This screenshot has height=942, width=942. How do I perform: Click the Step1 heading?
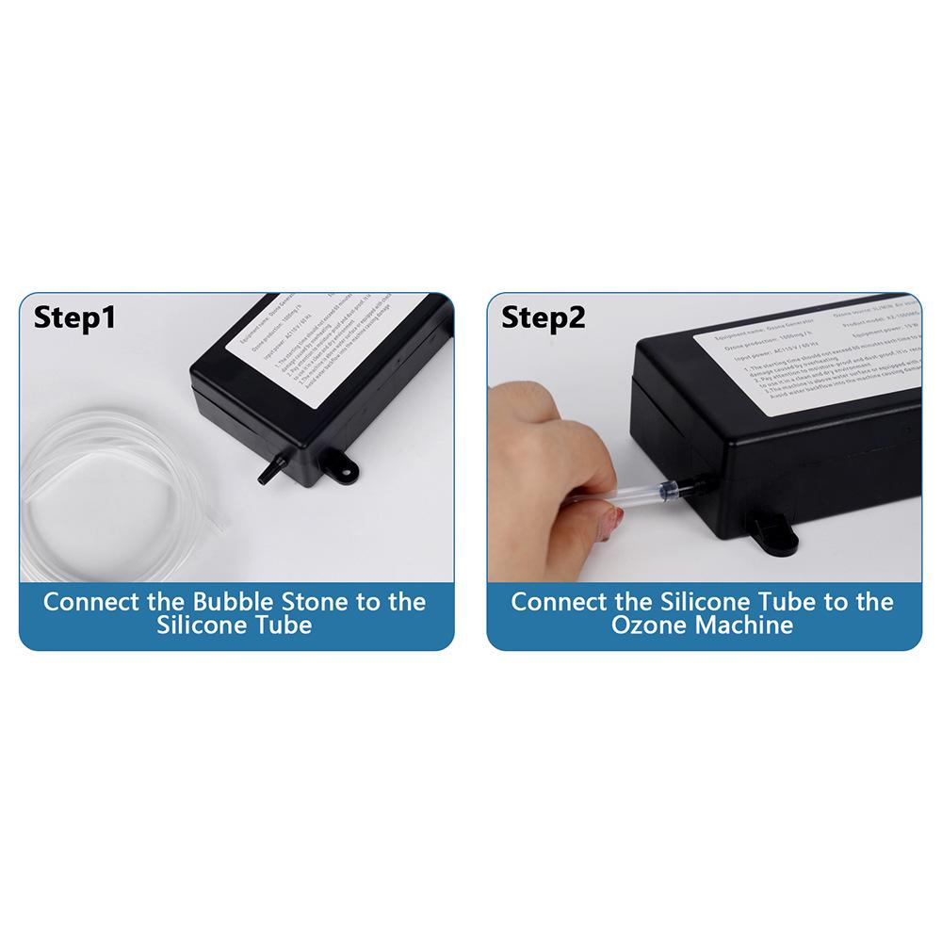[x=74, y=317]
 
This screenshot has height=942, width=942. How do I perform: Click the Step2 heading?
[x=543, y=317]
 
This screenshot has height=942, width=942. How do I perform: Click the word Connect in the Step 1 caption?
[x=90, y=602]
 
